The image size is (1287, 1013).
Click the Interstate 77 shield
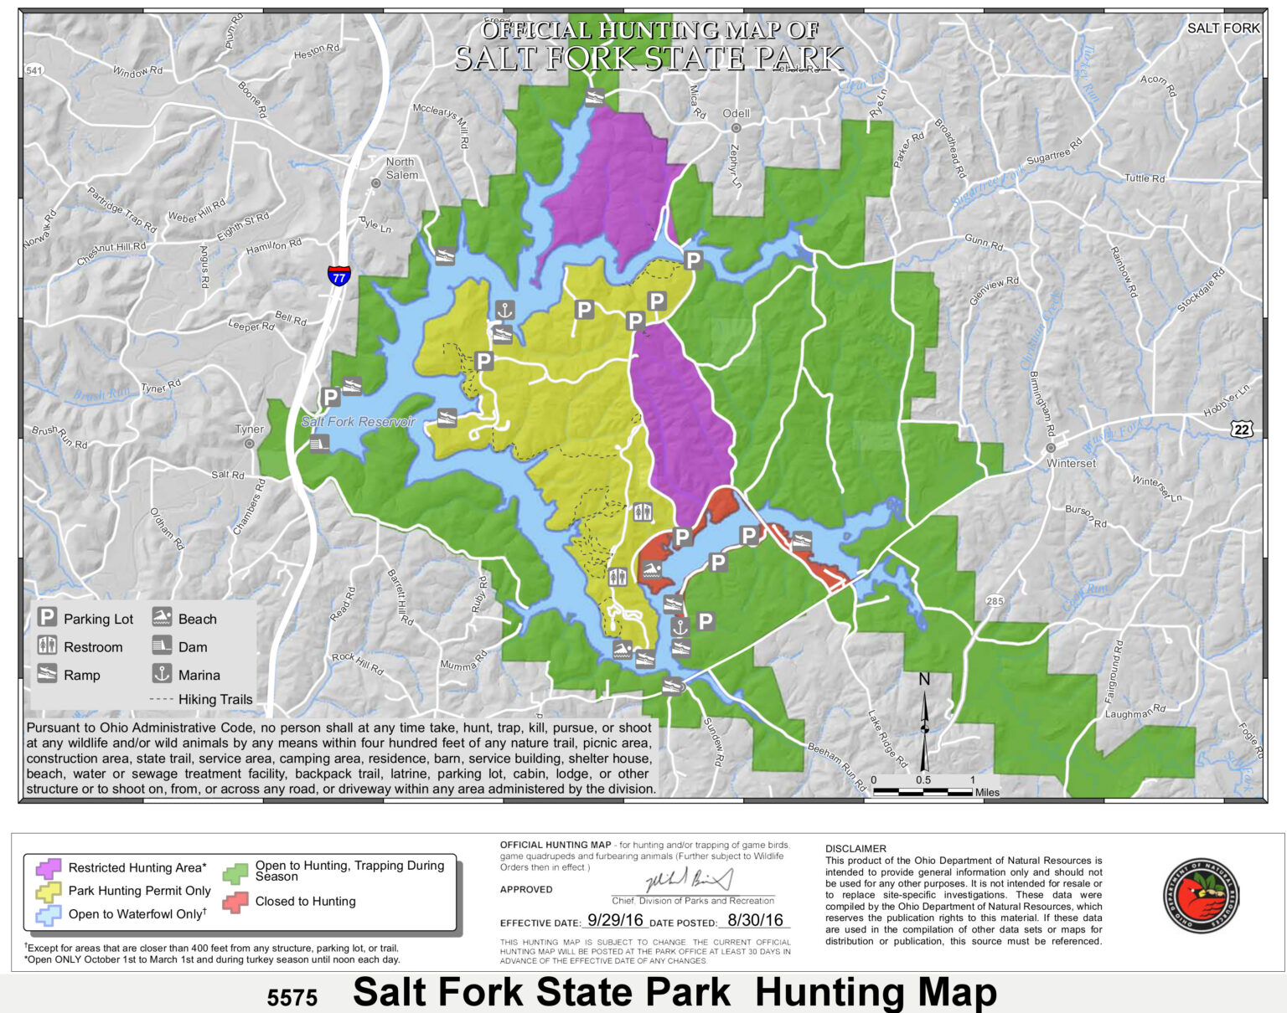click(339, 275)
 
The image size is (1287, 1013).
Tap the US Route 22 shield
click(1242, 429)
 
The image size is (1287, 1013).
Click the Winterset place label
click(1071, 463)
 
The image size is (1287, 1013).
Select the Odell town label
click(736, 113)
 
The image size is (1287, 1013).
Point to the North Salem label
click(401, 168)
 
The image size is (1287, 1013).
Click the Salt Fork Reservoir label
click(358, 422)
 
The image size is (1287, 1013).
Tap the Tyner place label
click(249, 429)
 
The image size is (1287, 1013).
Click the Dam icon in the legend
click(162, 646)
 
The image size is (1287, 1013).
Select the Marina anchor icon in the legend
click(162, 674)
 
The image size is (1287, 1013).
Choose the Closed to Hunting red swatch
click(236, 902)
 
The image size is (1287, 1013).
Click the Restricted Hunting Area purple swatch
click(49, 868)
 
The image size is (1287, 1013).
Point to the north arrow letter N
click(924, 679)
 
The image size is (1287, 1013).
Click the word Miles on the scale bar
click(987, 792)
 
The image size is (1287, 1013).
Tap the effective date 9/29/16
click(615, 920)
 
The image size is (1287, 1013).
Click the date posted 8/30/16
click(755, 920)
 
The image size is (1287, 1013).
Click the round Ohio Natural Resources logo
click(1201, 896)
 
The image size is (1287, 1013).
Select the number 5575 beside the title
click(292, 997)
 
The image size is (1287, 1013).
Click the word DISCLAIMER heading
click(855, 848)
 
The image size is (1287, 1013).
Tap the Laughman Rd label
click(1135, 712)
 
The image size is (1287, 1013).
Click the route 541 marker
click(34, 70)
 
